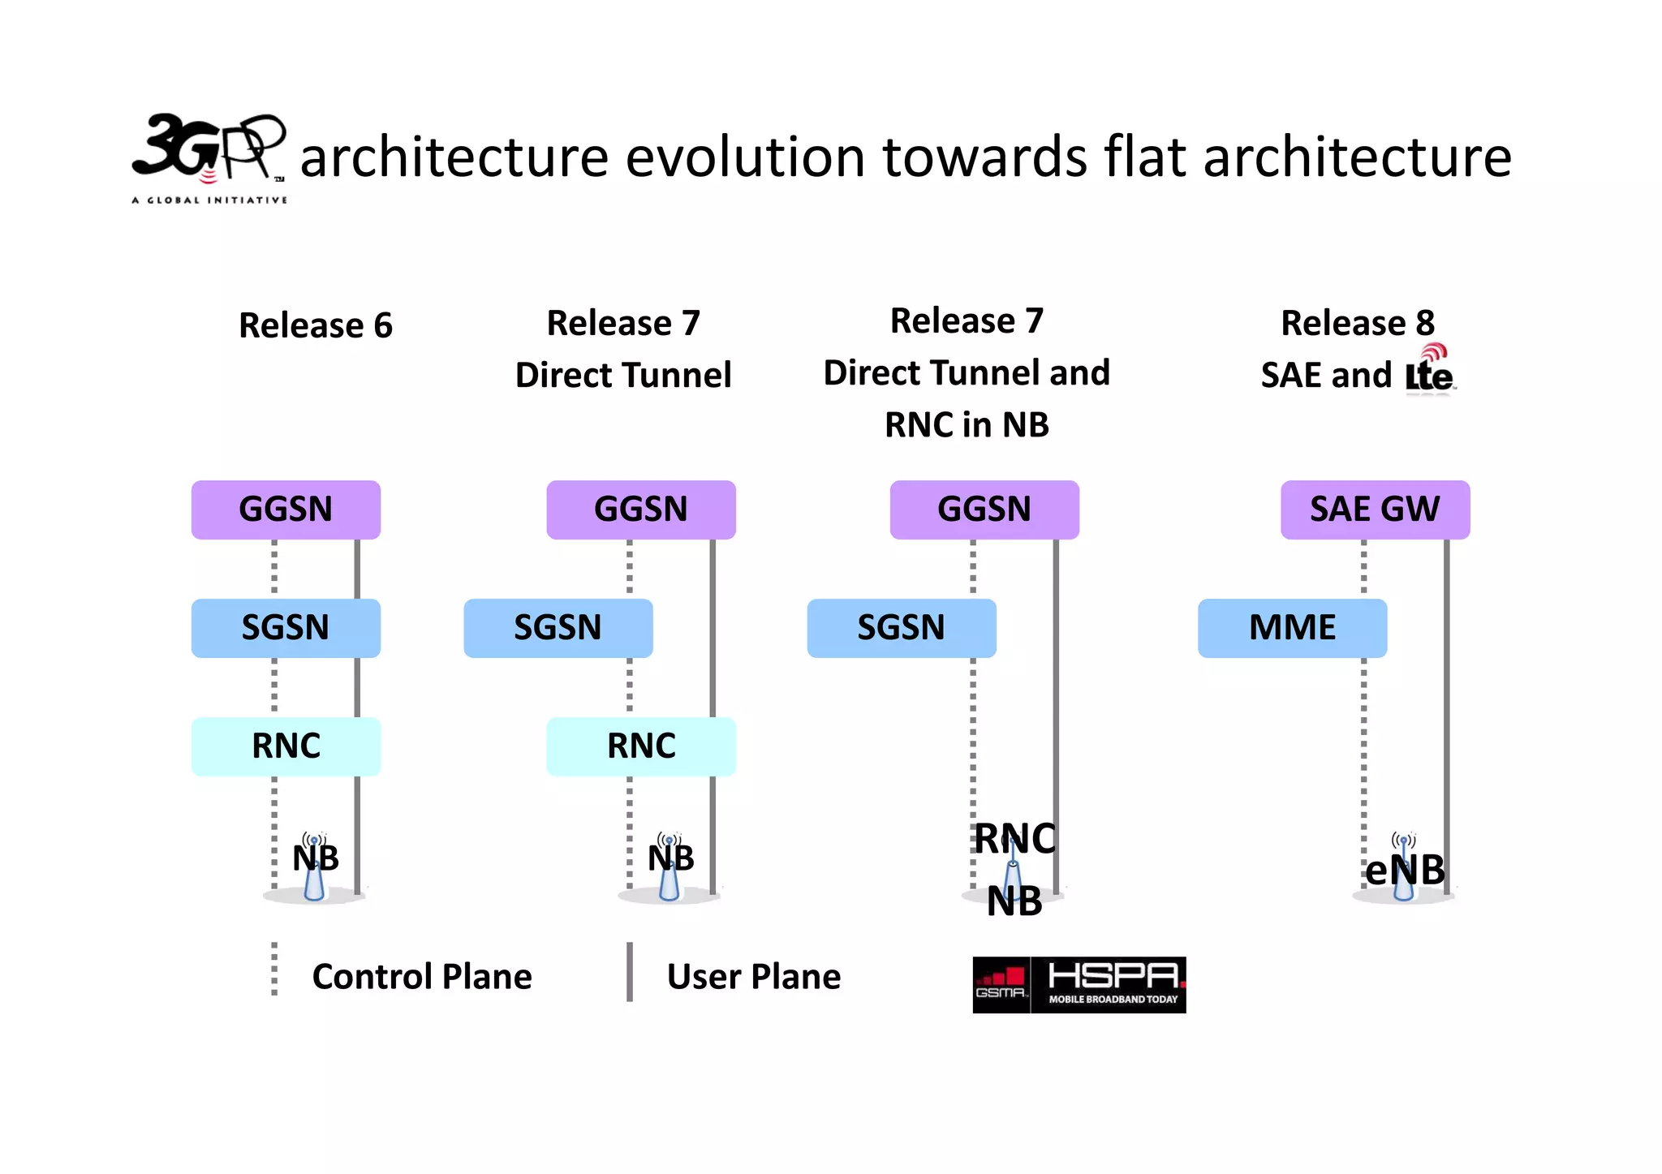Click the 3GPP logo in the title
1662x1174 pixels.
click(x=209, y=157)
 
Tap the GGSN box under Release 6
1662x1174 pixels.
click(x=286, y=510)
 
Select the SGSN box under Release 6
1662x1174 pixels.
click(x=286, y=628)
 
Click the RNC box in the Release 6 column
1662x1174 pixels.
click(x=286, y=746)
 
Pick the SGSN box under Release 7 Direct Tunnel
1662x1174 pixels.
click(x=558, y=628)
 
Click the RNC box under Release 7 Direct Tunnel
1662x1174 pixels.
click(x=640, y=746)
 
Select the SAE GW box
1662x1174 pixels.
click(x=1375, y=510)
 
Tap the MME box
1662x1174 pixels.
click(x=1292, y=628)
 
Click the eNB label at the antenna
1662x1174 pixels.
click(x=1405, y=871)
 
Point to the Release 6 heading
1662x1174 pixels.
click(x=315, y=325)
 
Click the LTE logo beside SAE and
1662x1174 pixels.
click(x=1430, y=370)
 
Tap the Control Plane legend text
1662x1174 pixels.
click(x=422, y=977)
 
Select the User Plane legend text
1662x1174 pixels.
click(x=753, y=977)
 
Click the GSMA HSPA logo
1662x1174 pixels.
click(x=1079, y=985)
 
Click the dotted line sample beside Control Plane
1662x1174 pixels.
click(x=274, y=970)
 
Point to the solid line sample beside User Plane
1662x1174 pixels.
click(x=630, y=972)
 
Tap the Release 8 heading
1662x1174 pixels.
click(x=1357, y=323)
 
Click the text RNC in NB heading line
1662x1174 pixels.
click(x=967, y=425)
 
